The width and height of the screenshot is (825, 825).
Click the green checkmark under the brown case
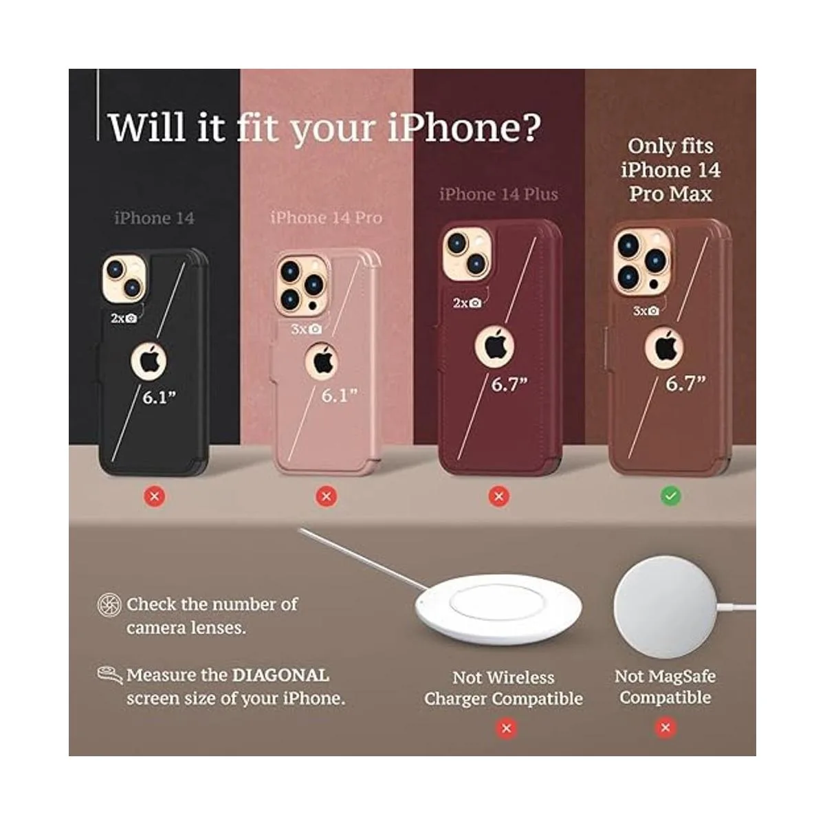click(670, 495)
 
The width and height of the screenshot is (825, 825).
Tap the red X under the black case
click(155, 495)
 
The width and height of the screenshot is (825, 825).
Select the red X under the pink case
click(327, 495)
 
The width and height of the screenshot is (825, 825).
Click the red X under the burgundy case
click(499, 495)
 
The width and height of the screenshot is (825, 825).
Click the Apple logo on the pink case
click(324, 360)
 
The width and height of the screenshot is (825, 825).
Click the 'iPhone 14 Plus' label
click(498, 195)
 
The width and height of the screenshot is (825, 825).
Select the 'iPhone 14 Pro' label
click(326, 218)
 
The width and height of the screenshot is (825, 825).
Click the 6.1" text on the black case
click(159, 397)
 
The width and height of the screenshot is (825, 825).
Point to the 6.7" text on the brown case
click(685, 384)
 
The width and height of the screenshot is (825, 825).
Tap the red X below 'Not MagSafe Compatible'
click(665, 727)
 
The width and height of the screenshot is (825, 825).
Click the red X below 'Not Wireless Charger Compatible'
click(507, 728)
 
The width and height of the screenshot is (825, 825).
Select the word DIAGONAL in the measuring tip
click(280, 675)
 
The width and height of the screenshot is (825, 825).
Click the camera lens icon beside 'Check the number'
click(109, 605)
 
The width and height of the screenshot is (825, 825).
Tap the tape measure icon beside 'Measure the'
click(109, 674)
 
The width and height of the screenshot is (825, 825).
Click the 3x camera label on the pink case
click(306, 329)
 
